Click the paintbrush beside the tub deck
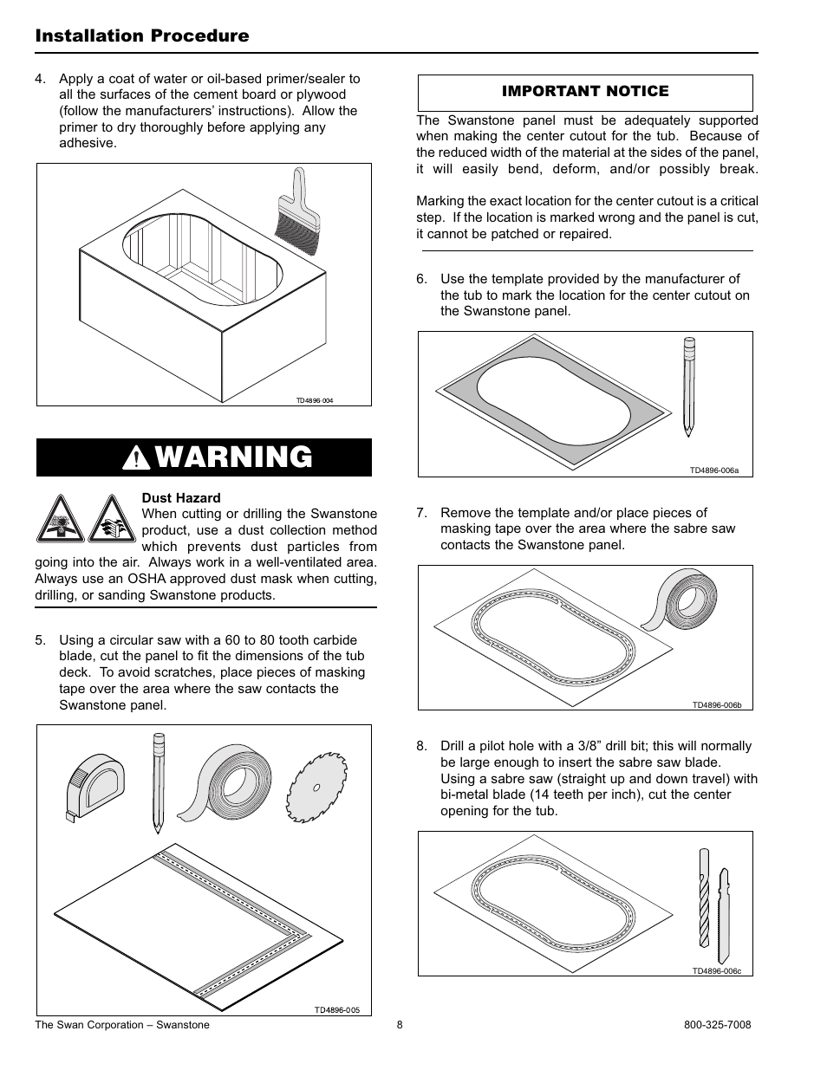(296, 211)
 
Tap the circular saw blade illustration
(316, 787)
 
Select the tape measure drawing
(94, 787)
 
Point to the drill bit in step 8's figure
(704, 898)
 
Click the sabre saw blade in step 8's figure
(724, 916)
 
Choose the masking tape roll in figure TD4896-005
(225, 784)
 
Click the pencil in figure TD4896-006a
(689, 386)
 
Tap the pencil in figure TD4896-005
(159, 783)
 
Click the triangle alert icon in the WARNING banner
(136, 458)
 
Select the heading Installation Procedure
(142, 36)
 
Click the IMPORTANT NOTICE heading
(585, 91)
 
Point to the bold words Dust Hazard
(181, 498)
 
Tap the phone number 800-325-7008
(717, 1025)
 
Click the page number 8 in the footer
(400, 1025)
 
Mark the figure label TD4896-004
(315, 401)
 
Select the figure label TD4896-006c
(717, 971)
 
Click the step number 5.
(40, 640)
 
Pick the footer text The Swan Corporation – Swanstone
(122, 1025)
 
